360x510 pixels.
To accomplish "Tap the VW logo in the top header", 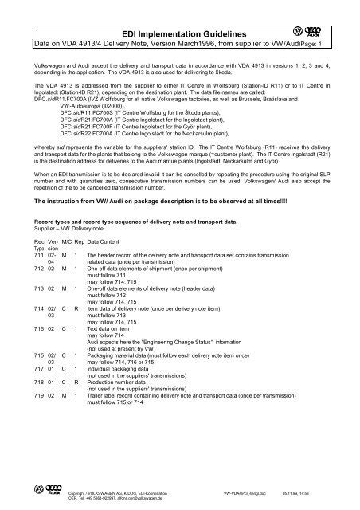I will (x=323, y=30).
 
